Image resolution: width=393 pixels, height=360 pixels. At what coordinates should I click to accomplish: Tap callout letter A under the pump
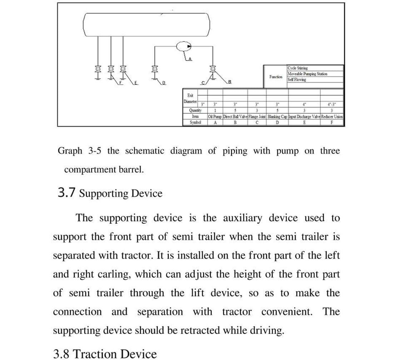190,59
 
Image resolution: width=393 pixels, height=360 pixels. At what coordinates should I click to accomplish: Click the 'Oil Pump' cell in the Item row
215,117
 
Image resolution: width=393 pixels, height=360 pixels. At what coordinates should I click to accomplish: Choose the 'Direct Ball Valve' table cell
235,117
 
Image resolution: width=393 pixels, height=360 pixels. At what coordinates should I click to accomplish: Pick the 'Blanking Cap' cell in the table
277,117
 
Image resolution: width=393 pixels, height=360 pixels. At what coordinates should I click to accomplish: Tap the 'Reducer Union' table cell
332,117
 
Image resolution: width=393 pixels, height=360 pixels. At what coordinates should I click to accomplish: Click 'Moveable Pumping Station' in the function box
307,74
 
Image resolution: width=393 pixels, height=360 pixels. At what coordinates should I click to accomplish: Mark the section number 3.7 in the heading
66,193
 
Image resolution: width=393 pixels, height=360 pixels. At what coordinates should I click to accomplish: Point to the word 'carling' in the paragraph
114,275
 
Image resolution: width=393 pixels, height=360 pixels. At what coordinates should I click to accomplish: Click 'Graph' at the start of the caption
70,151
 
